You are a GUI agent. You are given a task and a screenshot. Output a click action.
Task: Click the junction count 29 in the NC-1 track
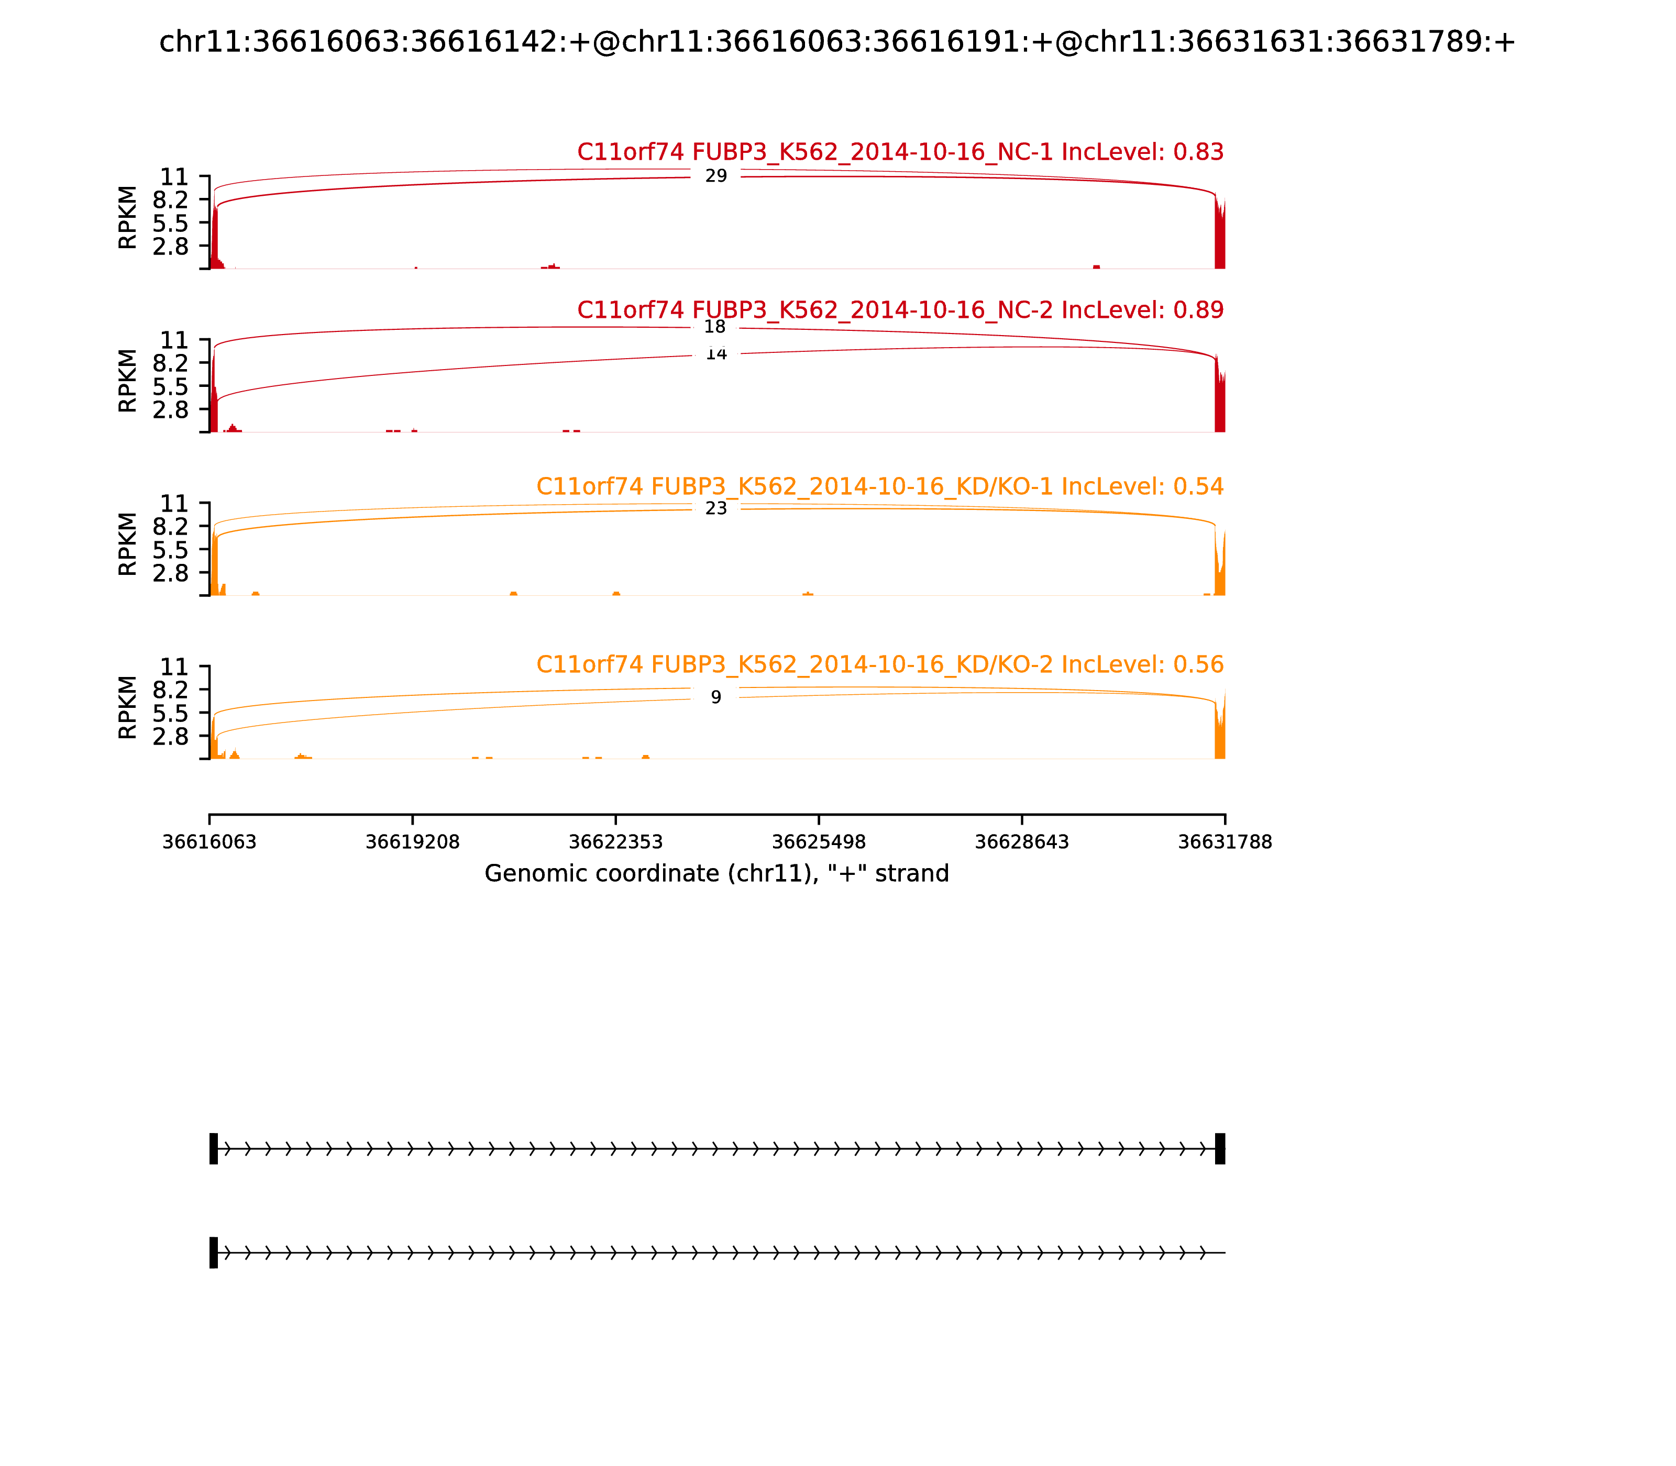point(715,176)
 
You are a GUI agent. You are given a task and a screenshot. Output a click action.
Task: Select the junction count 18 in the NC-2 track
point(714,327)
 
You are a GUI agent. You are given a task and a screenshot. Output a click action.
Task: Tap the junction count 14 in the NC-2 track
point(716,354)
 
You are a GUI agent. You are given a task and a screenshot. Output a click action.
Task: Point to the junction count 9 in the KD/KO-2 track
point(716,697)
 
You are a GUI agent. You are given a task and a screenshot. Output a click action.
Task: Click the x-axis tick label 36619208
point(413,842)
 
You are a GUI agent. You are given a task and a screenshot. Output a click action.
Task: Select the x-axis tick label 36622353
point(615,842)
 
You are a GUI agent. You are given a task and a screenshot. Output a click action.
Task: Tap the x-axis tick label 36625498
point(818,842)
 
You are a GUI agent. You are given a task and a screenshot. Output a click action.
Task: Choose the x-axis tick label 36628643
point(1021,842)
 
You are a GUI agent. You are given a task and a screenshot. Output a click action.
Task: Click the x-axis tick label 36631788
point(1225,842)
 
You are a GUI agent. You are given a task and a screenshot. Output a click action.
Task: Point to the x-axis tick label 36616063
point(210,842)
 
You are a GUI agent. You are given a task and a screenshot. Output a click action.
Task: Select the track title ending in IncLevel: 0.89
point(900,310)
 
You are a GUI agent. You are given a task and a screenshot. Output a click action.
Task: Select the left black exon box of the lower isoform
point(214,1252)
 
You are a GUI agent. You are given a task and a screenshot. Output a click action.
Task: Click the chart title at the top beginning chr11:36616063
point(837,42)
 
